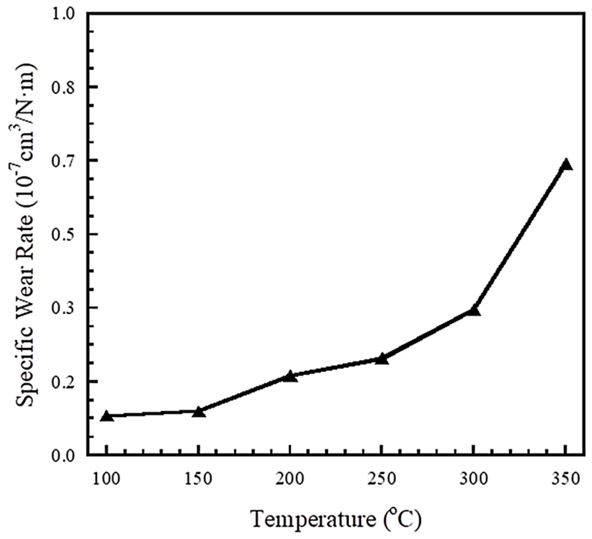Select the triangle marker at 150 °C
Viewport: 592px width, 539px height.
199,412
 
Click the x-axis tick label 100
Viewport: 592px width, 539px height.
106,479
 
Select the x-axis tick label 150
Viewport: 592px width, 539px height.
198,479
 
